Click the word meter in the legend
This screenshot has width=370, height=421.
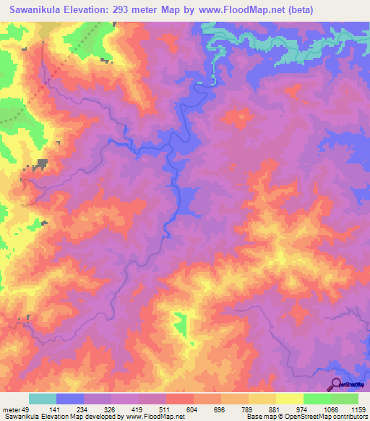tap(12, 410)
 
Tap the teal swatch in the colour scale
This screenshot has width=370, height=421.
tap(43, 399)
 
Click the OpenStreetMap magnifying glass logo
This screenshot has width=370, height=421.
tap(337, 384)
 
